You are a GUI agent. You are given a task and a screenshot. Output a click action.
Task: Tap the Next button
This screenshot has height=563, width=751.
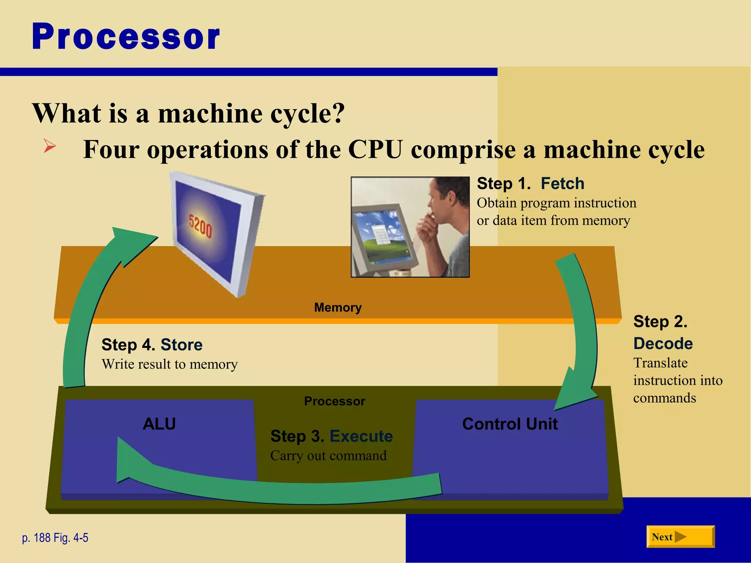(x=680, y=537)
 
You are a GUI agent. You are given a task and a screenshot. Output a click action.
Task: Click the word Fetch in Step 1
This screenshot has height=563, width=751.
(x=562, y=183)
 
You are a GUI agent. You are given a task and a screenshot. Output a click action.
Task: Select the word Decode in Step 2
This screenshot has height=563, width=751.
(x=663, y=343)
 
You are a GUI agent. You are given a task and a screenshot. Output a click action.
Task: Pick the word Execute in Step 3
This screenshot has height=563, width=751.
(x=361, y=436)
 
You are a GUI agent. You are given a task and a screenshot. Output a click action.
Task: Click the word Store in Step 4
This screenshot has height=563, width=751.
(x=182, y=345)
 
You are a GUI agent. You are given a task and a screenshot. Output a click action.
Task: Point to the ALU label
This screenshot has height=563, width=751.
(x=159, y=424)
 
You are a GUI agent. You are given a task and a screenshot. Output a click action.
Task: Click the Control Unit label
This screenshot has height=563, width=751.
(x=510, y=424)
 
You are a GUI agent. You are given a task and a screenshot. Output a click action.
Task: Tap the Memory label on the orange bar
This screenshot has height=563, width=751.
(x=338, y=307)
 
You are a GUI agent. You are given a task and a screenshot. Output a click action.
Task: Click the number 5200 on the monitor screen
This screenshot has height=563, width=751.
(x=200, y=226)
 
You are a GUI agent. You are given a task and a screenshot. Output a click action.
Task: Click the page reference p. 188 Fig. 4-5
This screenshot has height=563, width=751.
(x=55, y=538)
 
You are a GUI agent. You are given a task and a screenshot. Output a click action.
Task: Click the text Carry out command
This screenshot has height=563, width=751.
(x=328, y=456)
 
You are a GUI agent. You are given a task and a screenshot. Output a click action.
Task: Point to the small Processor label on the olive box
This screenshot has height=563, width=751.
(x=334, y=401)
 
